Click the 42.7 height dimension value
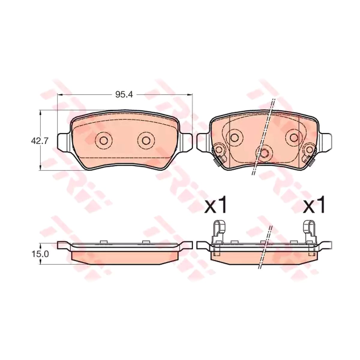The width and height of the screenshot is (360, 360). pos(40,141)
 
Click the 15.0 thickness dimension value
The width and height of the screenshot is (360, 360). pos(40,254)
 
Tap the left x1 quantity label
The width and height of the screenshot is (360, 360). pos(215,207)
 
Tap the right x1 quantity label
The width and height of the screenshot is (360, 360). pos(314,207)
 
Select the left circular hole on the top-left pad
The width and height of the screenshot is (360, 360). pos(103,140)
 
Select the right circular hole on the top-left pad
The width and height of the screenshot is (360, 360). pos(146,140)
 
